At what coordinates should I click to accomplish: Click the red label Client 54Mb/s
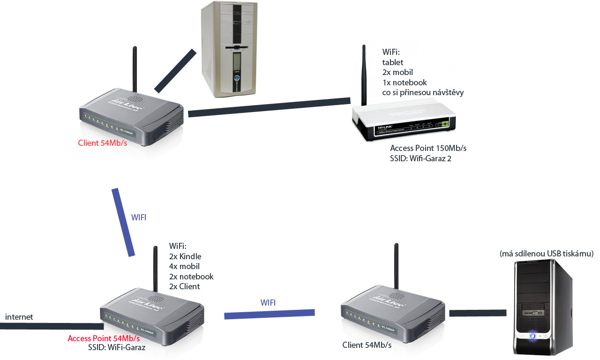tap(102, 143)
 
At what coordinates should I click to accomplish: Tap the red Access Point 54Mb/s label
tap(104, 338)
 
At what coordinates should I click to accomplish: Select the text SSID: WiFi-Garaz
tap(117, 348)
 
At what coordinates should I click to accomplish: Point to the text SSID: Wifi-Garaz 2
tap(420, 158)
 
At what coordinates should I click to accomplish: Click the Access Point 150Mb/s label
tap(428, 148)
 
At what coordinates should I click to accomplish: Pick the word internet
tap(19, 317)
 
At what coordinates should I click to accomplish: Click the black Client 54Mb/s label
tap(367, 345)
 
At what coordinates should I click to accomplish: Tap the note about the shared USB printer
tap(547, 254)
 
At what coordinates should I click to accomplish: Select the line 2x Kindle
tap(185, 256)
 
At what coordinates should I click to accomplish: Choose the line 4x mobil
tap(184, 266)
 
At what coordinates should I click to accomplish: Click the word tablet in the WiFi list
tap(393, 62)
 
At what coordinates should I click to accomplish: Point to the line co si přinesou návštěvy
tap(423, 93)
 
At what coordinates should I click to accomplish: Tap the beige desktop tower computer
tap(229, 49)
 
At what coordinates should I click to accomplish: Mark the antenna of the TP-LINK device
tap(364, 75)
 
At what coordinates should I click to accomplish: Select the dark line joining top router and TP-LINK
tap(269, 107)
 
